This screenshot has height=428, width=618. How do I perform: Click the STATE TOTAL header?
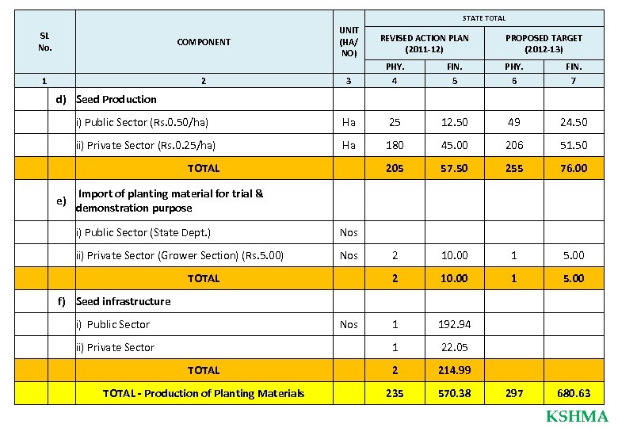tap(483, 17)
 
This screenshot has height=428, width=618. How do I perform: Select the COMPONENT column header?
tap(204, 42)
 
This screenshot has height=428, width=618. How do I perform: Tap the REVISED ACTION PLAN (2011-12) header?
tap(424, 43)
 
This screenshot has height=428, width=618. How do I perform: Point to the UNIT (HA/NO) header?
tap(349, 42)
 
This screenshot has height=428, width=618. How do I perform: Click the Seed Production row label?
tap(116, 99)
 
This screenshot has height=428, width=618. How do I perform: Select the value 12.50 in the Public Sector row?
tap(455, 122)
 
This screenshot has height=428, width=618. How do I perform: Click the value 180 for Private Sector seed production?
tap(394, 145)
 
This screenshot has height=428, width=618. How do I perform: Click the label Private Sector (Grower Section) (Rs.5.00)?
tap(180, 255)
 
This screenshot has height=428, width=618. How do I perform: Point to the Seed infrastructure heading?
tap(123, 301)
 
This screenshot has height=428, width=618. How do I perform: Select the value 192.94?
tap(455, 324)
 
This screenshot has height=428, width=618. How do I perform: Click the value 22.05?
tap(455, 347)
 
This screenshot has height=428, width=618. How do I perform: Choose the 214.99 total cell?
tap(455, 370)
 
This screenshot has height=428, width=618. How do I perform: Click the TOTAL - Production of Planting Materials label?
tap(204, 393)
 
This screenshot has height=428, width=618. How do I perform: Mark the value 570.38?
tap(455, 393)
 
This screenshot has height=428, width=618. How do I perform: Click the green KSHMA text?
tap(577, 417)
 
